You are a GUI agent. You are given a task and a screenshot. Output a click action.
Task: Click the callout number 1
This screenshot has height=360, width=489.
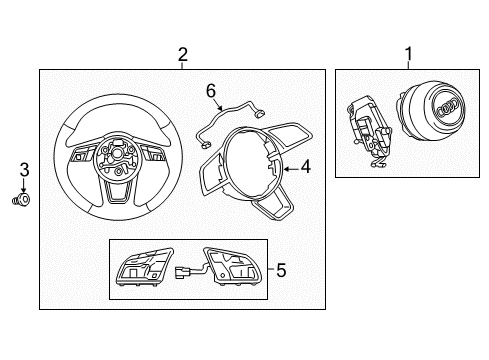(x=409, y=54)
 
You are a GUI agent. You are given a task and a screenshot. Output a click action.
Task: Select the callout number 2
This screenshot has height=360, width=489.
(x=183, y=55)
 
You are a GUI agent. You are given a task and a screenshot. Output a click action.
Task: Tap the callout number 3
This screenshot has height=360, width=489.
(x=24, y=170)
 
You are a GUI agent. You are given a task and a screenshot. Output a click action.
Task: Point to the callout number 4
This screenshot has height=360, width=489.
(x=305, y=166)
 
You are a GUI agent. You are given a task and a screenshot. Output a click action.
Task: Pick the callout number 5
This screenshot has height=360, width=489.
(x=281, y=270)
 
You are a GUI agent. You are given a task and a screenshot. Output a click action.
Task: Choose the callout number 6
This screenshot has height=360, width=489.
(x=211, y=91)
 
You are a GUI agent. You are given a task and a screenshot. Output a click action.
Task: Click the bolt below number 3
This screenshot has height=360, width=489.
(x=21, y=199)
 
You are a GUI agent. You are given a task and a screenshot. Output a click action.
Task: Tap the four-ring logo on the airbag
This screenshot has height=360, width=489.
(x=448, y=107)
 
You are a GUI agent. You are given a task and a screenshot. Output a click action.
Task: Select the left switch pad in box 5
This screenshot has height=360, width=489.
(x=145, y=267)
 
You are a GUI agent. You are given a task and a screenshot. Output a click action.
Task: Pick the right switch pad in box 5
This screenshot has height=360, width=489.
(x=231, y=267)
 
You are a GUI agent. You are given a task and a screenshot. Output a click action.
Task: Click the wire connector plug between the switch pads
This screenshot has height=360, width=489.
(x=180, y=272)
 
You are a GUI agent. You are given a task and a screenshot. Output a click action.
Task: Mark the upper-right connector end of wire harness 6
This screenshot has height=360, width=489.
(x=259, y=114)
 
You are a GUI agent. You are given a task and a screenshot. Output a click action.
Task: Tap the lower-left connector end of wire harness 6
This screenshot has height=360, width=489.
(x=204, y=145)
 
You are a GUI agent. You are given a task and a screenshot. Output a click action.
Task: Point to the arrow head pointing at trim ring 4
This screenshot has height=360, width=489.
(x=286, y=169)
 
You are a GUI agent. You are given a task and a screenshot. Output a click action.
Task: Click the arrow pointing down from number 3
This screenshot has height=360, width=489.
(x=24, y=185)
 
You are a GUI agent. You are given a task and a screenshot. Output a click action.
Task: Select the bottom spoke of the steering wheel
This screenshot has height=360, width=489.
(x=118, y=192)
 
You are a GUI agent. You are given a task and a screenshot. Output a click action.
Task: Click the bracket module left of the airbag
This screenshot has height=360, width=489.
(x=368, y=130)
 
